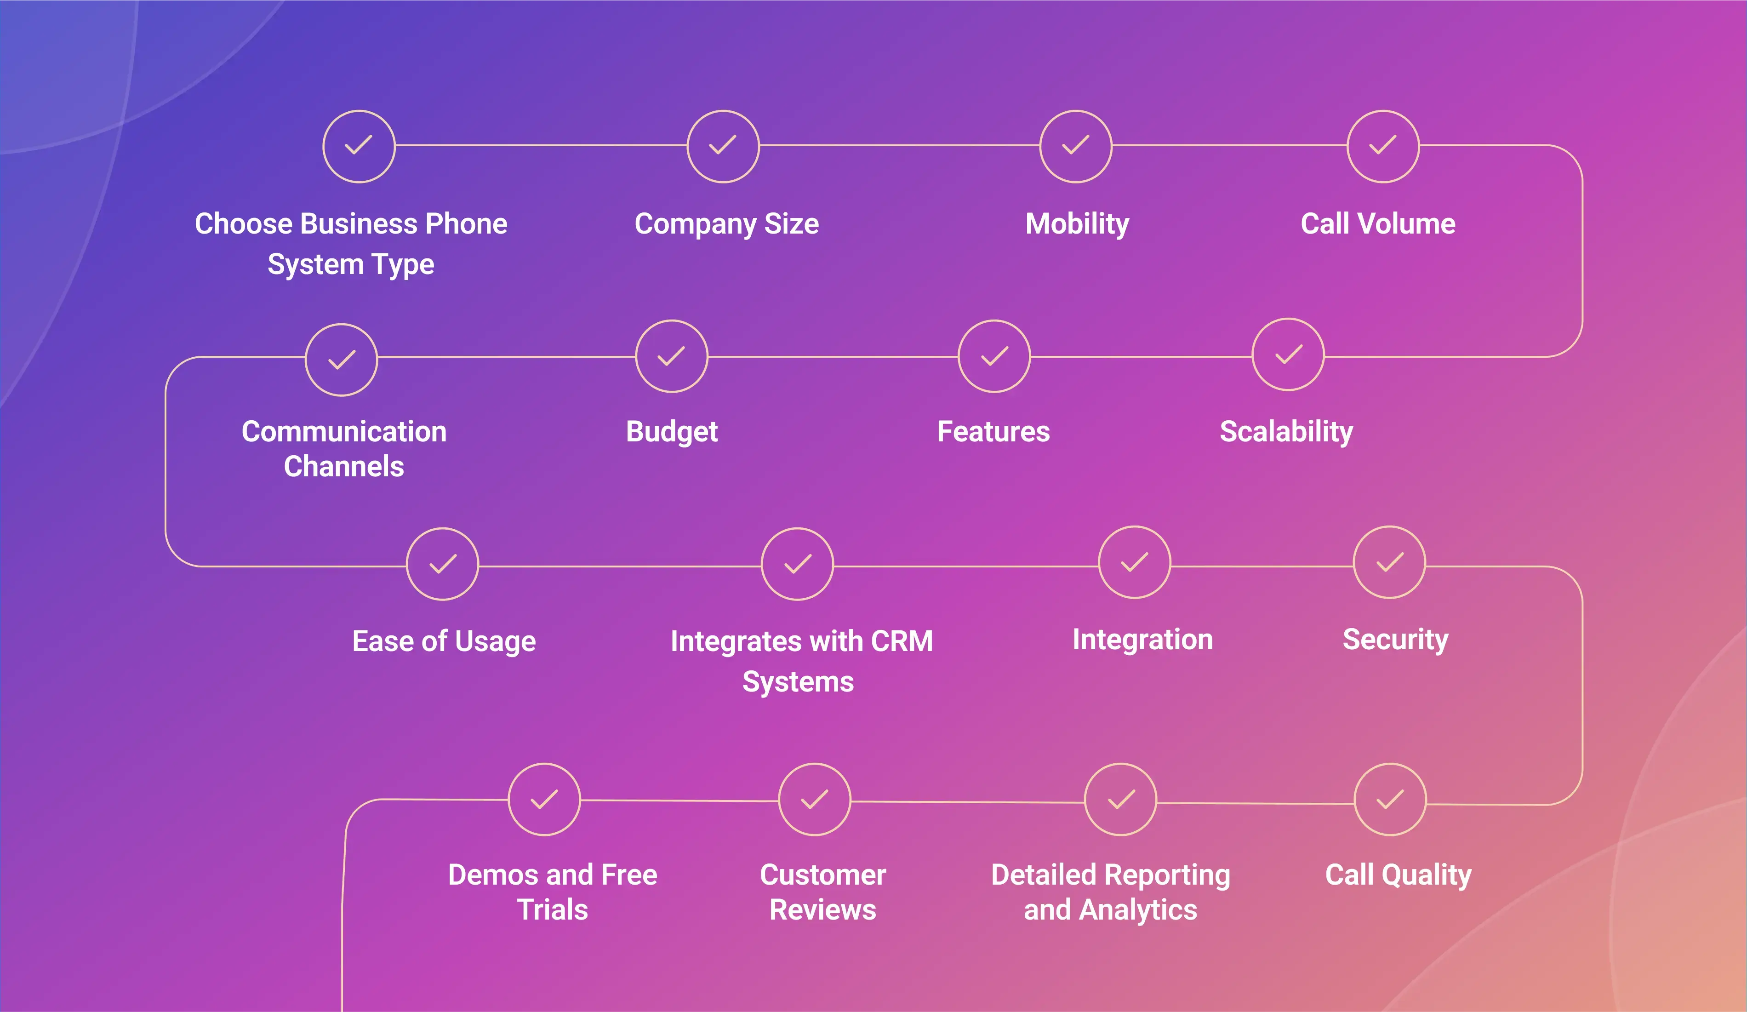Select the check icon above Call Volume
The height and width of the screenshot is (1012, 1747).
1383,146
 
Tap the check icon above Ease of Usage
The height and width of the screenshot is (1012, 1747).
442,564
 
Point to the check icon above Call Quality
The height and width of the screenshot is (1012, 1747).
1390,799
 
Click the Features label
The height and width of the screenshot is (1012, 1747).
993,431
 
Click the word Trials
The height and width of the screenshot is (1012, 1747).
553,909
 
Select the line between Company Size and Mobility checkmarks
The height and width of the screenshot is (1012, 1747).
900,146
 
